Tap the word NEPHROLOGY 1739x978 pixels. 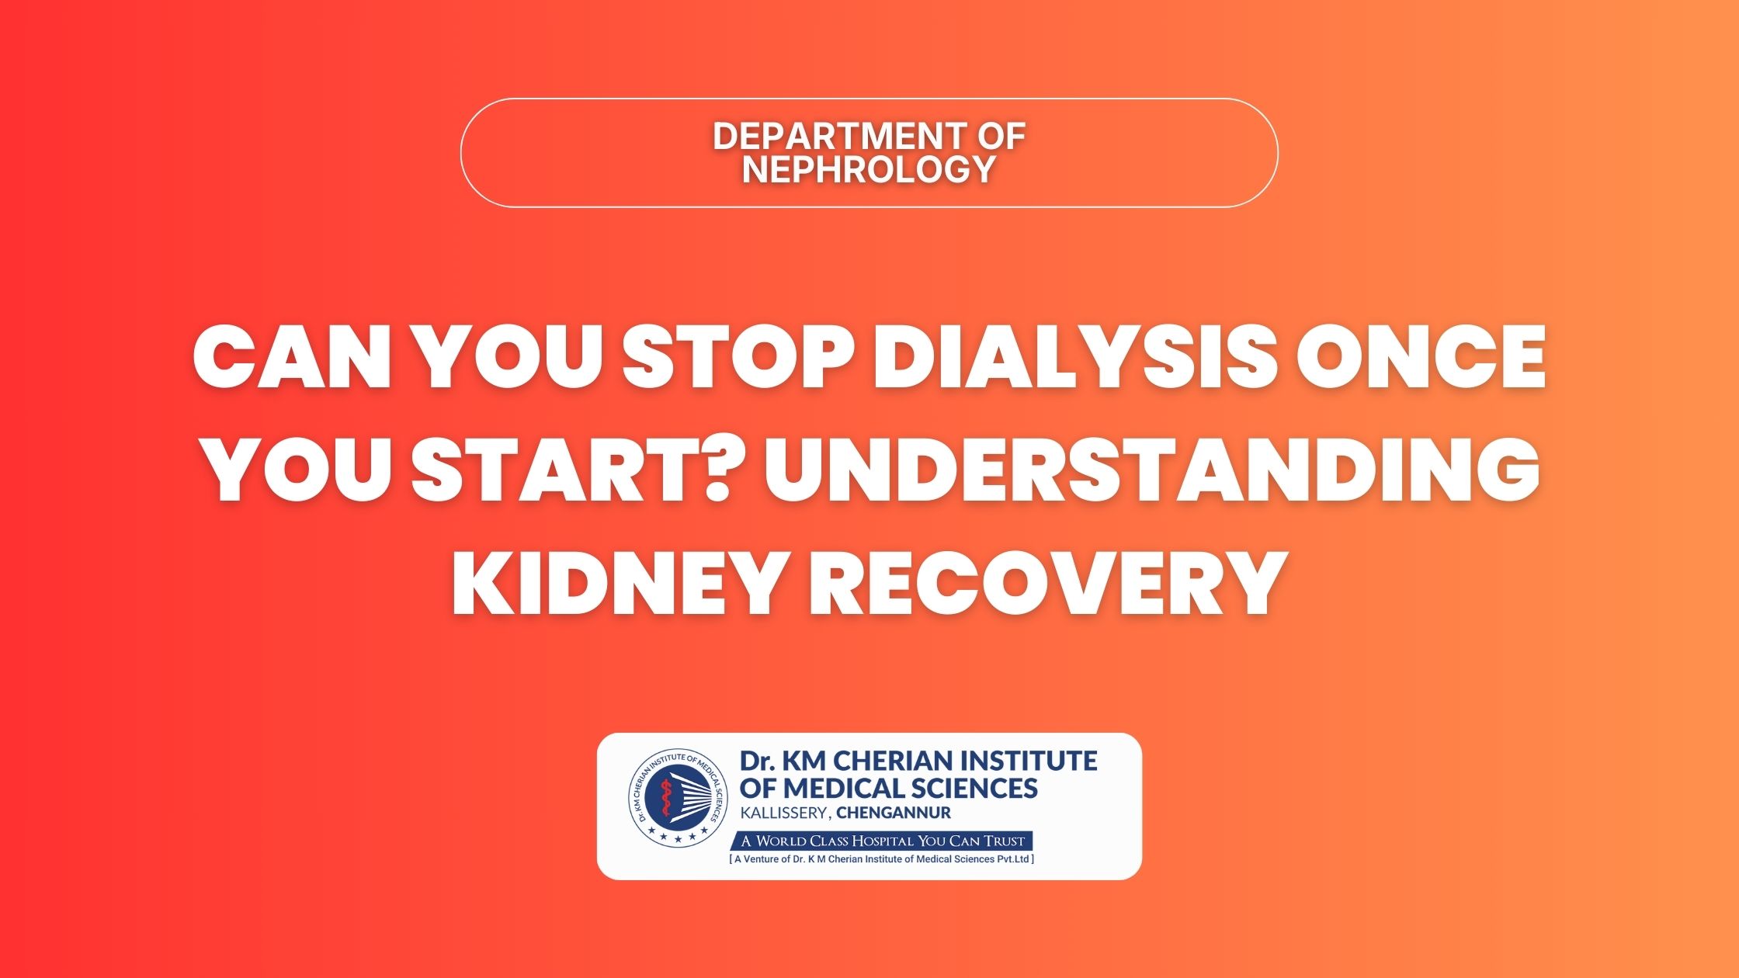click(x=869, y=169)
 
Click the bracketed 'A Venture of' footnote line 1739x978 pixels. click(x=882, y=859)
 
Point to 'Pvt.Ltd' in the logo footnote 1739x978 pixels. click(x=1012, y=859)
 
